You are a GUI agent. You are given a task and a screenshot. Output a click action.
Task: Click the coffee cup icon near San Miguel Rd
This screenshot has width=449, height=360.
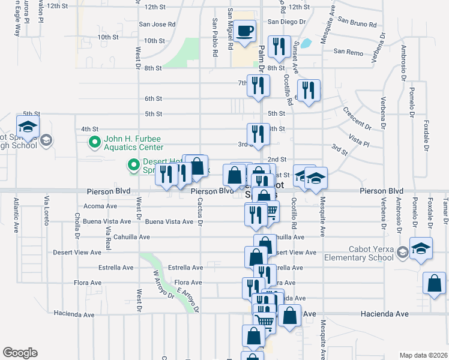coord(244,31)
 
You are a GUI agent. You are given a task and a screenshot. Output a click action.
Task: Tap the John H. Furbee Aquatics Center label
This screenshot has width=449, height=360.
coord(133,142)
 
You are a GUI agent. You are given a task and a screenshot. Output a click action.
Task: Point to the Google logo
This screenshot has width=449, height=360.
coord(20,352)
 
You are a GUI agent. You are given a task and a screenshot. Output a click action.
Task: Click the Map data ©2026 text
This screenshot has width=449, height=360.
coord(424,355)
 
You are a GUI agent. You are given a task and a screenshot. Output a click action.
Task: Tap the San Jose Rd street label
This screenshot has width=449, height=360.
coord(157,25)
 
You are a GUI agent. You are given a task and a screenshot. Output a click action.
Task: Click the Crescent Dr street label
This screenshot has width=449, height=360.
coord(357,118)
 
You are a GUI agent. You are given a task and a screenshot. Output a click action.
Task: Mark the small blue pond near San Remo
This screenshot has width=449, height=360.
coord(306,43)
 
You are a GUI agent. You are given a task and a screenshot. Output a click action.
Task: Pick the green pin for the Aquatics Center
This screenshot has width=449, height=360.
coord(94,142)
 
